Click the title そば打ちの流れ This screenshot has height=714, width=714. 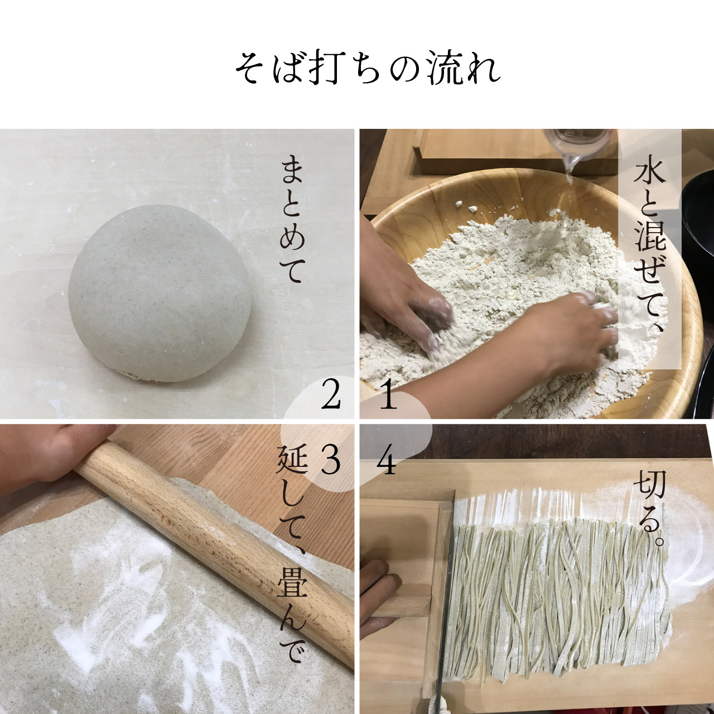[x=366, y=69]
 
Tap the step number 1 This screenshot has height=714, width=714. [x=388, y=397]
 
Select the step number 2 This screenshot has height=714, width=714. [x=331, y=397]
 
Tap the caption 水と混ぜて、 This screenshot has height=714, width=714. [x=650, y=249]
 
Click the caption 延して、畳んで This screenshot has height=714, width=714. [x=292, y=555]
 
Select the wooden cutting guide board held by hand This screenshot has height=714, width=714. [x=402, y=558]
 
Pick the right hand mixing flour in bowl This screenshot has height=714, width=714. [x=563, y=335]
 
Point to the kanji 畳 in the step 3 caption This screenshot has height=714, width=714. [x=292, y=583]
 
